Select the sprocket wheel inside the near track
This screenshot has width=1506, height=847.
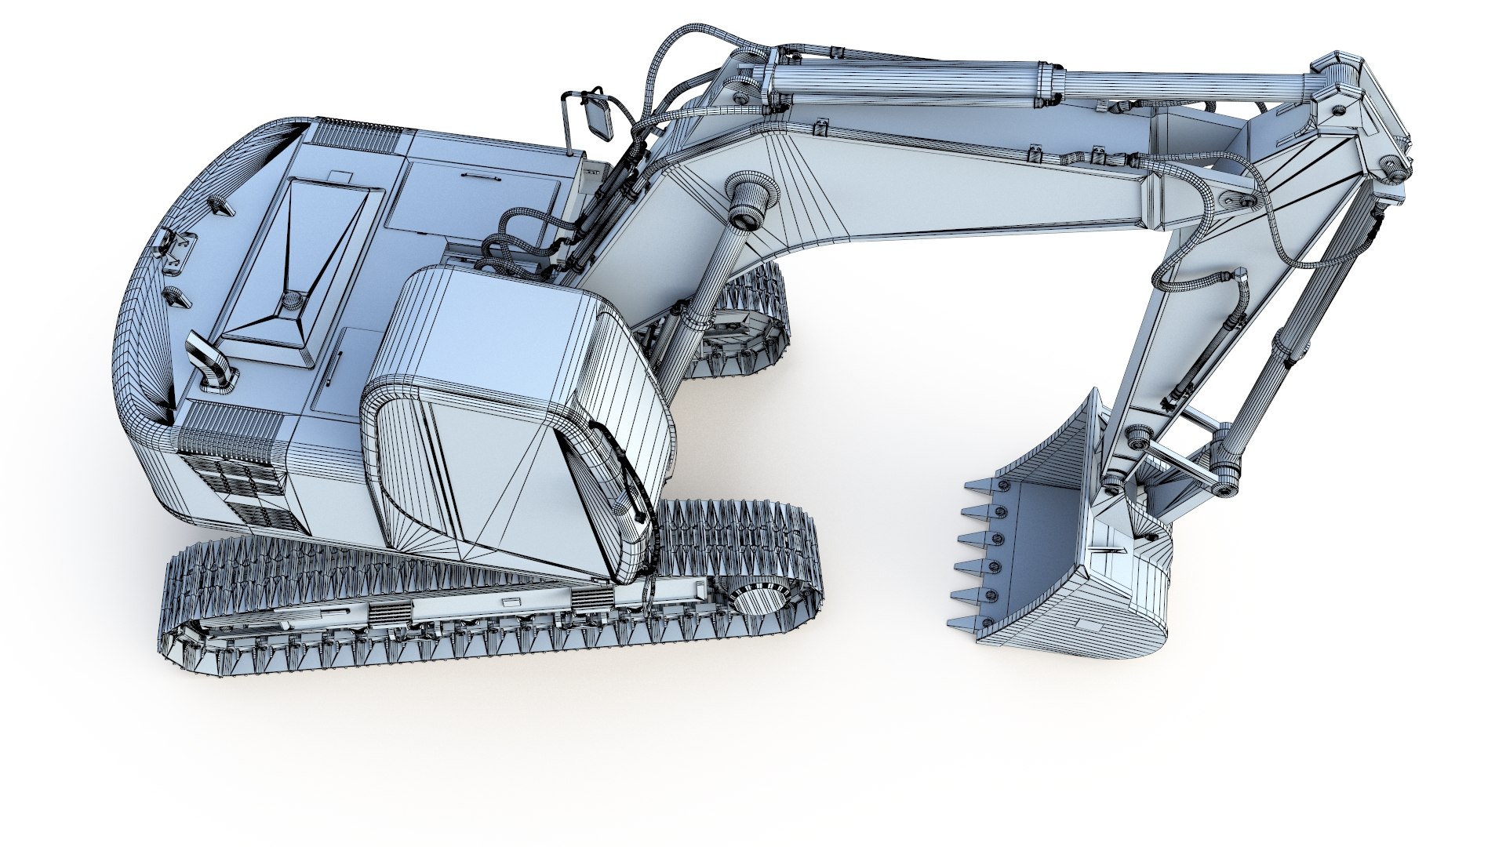(758, 601)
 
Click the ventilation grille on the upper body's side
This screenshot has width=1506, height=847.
(235, 478)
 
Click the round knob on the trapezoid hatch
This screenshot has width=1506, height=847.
(293, 299)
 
